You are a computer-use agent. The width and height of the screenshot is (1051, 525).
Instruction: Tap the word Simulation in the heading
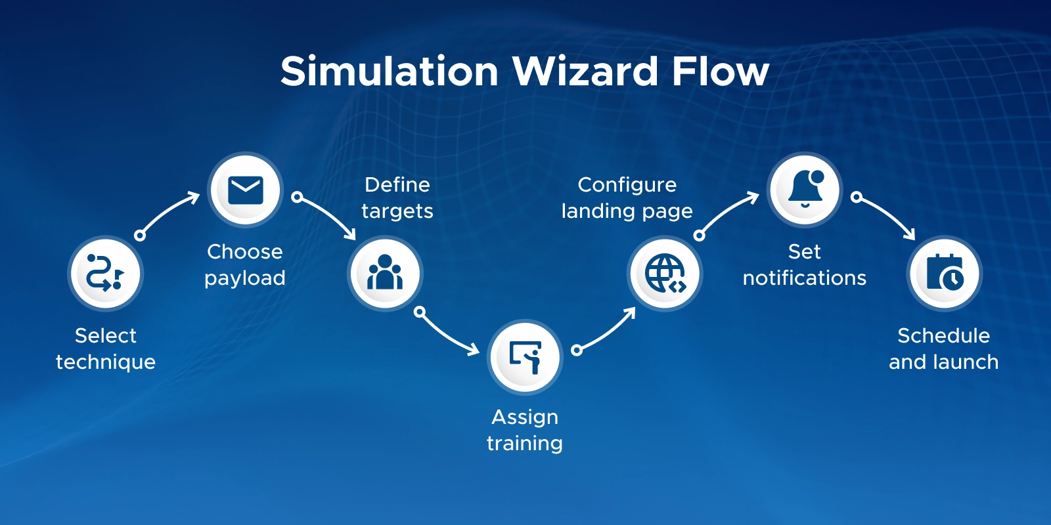pos(390,71)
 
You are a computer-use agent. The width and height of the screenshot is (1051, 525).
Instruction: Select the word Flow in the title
pos(719,71)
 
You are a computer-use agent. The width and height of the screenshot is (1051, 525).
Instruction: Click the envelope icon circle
pos(245,190)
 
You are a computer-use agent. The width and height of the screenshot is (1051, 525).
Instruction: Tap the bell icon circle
pos(805,190)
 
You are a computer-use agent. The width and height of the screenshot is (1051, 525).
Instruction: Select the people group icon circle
pos(385,274)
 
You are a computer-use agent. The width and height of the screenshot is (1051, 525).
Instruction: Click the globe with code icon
pos(665,274)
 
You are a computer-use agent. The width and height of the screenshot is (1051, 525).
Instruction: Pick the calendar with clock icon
pos(945,274)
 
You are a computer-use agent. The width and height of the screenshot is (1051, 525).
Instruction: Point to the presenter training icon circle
pos(525,357)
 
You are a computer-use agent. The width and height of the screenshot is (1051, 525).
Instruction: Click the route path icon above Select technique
pos(105,274)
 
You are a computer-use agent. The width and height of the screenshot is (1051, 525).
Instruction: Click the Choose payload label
pos(245,264)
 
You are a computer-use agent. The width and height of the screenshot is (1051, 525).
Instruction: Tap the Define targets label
pos(397,198)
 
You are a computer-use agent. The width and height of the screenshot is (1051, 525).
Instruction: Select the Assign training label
pos(525,430)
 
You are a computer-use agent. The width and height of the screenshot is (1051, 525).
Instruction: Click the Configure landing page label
pos(627,198)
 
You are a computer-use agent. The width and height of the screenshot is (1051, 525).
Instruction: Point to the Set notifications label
pos(805,264)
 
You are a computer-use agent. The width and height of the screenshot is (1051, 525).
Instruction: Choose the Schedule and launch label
pos(943,348)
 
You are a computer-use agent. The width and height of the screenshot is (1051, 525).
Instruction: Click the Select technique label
pos(105,348)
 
